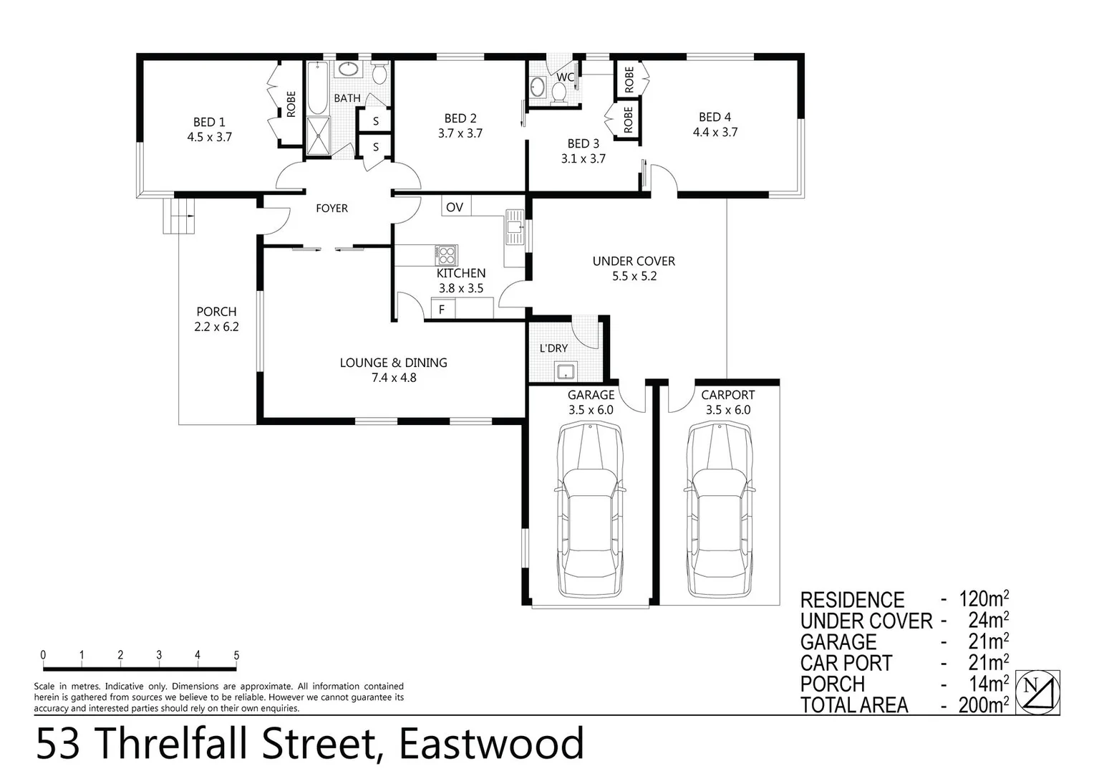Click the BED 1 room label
tap(209, 123)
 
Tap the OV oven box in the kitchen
tap(455, 207)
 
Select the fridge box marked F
tap(442, 310)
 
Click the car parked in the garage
tap(589, 509)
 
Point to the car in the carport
tap(720, 509)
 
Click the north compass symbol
tap(1037, 692)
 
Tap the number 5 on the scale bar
tap(236, 655)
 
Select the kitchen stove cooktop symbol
tap(447, 254)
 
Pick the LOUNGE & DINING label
tap(393, 363)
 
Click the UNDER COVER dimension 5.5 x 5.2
tap(634, 276)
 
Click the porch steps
tap(178, 215)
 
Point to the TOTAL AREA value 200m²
tap(984, 705)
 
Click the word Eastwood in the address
tap(491, 744)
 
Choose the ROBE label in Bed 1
tap(291, 104)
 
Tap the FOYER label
tap(331, 209)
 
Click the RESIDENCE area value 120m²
tap(984, 599)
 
